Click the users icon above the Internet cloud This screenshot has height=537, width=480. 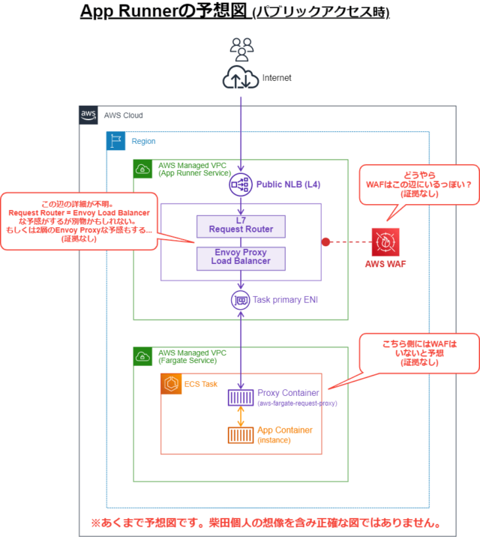pos(241,50)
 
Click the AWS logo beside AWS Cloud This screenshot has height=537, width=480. pos(88,115)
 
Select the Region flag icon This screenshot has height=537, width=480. pos(115,141)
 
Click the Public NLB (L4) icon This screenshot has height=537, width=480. pos(240,184)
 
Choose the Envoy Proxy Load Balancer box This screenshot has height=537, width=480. pos(240,257)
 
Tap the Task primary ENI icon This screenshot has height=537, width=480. pos(240,299)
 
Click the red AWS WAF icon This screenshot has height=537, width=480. pos(385,242)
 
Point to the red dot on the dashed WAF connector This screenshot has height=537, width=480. pos(325,241)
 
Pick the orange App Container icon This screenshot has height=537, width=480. pos(240,435)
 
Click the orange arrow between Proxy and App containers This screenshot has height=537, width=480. pos(240,416)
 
